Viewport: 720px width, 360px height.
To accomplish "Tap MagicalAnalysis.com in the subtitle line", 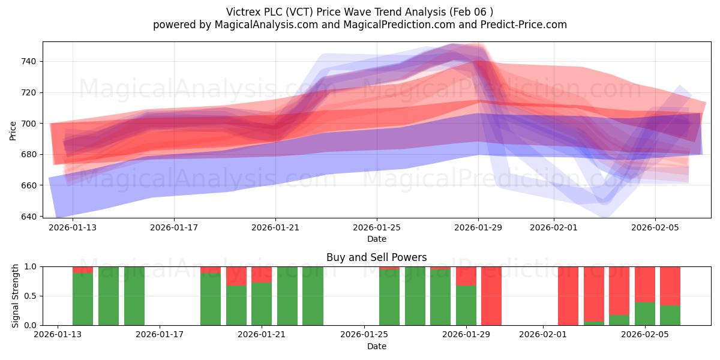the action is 266,25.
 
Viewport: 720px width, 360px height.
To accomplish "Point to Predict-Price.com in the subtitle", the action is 524,25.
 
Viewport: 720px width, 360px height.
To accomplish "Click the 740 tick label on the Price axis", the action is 29,61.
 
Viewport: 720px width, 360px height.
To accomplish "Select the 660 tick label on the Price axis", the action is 29,185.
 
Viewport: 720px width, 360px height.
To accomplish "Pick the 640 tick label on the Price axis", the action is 29,217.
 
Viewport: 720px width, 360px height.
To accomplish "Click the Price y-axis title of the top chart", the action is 13,131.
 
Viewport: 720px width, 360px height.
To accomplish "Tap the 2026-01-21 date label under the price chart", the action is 275,228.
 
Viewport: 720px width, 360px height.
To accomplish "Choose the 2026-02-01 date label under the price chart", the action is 554,228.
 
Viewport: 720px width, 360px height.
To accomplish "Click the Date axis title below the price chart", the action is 377,239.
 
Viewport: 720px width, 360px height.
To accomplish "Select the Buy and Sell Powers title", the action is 377,257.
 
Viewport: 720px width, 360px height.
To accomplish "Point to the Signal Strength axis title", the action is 15,296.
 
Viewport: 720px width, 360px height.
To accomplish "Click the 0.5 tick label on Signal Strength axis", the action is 31,296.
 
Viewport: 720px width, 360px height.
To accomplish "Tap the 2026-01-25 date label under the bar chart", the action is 364,335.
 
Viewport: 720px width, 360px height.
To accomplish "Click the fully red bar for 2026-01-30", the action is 491,296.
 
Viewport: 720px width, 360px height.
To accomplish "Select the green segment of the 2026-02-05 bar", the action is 645,314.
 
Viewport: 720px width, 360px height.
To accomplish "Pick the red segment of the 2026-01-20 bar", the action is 236,276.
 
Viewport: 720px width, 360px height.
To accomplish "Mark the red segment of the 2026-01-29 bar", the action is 466,276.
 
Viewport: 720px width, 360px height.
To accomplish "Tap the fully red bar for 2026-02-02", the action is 568,296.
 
